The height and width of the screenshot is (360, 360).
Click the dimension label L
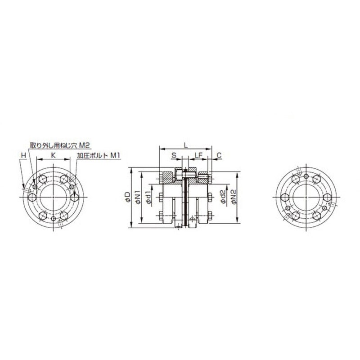[x=186, y=145]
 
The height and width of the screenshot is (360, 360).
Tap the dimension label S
[x=174, y=155]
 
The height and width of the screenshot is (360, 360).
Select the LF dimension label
[x=198, y=155]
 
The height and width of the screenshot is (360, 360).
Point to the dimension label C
[x=219, y=155]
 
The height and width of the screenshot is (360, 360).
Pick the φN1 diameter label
[x=138, y=197]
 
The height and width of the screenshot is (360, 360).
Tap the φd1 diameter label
[x=148, y=197]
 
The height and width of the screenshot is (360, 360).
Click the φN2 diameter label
[x=234, y=197]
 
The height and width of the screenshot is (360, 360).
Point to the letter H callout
[x=23, y=155]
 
